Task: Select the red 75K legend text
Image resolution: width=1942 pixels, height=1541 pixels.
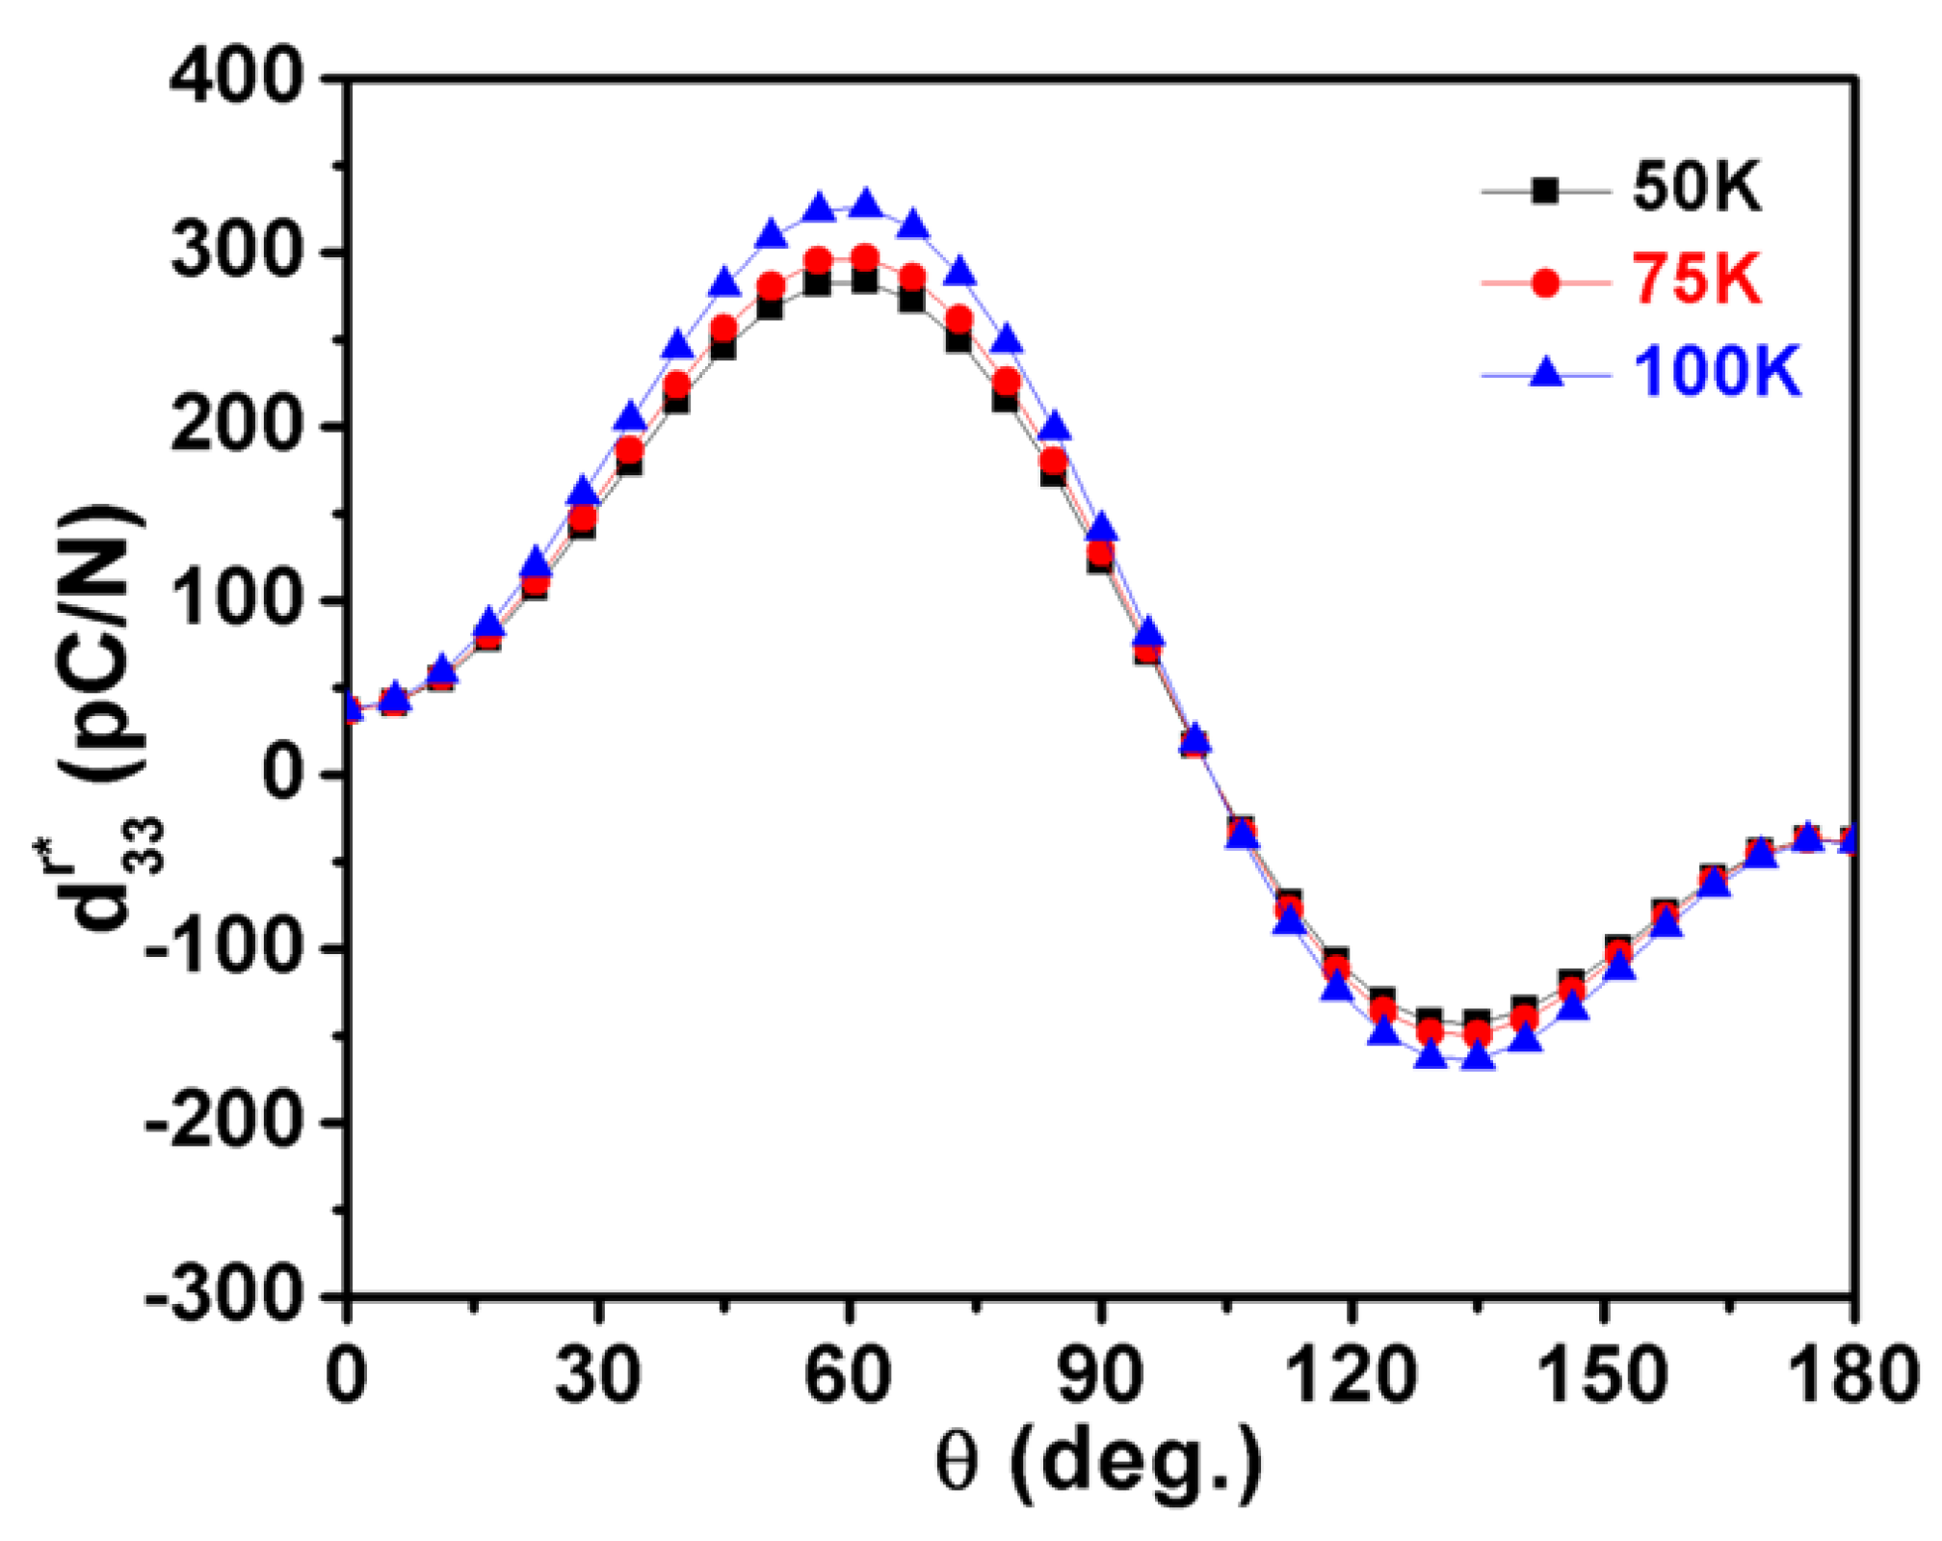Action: [1696, 280]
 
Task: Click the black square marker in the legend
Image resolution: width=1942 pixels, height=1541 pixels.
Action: [1545, 191]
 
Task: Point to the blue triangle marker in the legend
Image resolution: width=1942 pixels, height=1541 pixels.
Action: [1545, 372]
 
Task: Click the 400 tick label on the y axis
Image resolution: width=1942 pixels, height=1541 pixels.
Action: [236, 77]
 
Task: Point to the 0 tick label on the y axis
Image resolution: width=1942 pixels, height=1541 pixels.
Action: [289, 773]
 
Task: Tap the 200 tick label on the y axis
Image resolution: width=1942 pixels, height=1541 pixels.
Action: [236, 425]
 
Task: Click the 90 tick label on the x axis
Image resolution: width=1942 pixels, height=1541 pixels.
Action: [1099, 1376]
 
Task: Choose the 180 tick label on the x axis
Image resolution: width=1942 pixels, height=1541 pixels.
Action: [1850, 1376]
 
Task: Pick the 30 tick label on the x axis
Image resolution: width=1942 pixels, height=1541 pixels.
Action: [597, 1376]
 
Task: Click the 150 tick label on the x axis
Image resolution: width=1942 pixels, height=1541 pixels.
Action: [1602, 1376]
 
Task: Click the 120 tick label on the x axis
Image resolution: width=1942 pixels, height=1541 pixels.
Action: [1352, 1376]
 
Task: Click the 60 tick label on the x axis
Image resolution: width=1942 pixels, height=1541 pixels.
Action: [848, 1376]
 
